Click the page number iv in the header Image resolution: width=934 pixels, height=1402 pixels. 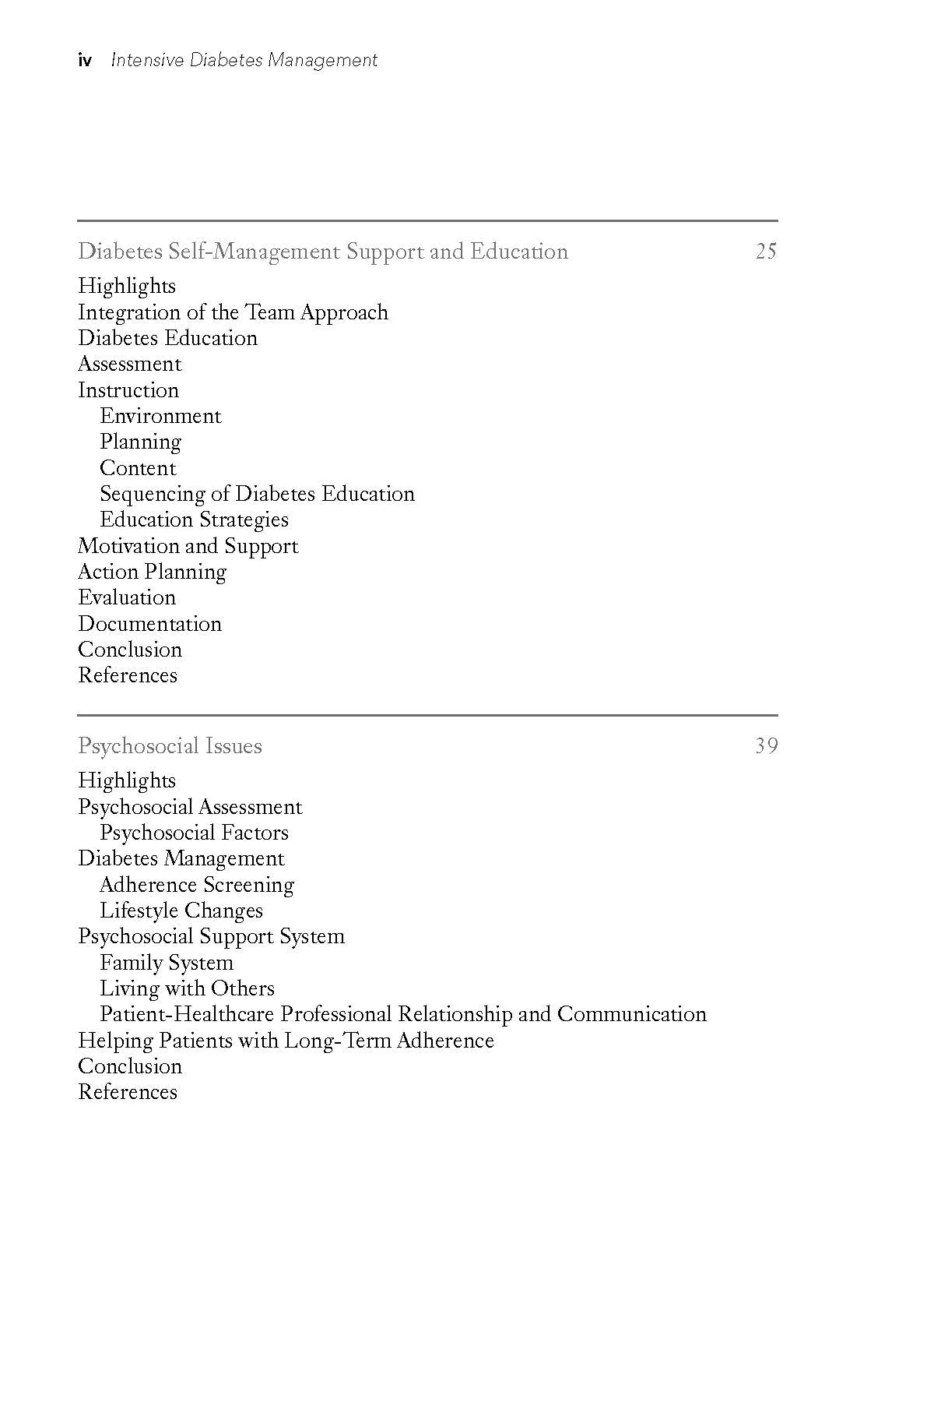pos(85,60)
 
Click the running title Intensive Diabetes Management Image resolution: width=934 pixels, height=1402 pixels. pos(244,60)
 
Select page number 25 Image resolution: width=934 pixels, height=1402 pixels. pos(766,252)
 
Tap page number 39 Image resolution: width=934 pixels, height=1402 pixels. pos(766,746)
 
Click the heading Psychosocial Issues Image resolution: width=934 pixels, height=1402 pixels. pos(170,746)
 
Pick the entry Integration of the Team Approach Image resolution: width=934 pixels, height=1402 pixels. pos(233,312)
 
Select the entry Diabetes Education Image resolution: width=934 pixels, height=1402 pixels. pos(167,338)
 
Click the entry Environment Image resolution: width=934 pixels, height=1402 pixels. pos(160,416)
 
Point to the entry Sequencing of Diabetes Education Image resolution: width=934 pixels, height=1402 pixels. pos(257,494)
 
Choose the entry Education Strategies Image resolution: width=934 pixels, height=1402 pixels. pos(194,520)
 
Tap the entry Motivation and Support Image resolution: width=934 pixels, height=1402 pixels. pos(188,546)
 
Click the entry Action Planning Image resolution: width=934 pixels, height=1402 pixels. pos(152,572)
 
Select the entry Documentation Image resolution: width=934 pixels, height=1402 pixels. pos(149,624)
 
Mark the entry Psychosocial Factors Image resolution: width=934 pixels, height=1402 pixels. pos(194,833)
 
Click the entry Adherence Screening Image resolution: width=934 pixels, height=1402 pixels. pos(197,885)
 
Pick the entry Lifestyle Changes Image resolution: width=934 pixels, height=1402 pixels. pos(181,911)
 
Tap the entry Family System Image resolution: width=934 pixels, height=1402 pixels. pos(167,963)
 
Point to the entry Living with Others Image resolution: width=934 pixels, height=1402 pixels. pos(187,988)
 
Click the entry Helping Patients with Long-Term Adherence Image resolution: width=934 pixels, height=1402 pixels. pos(286,1041)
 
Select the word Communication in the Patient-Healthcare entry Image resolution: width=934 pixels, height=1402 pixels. pos(631,1014)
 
